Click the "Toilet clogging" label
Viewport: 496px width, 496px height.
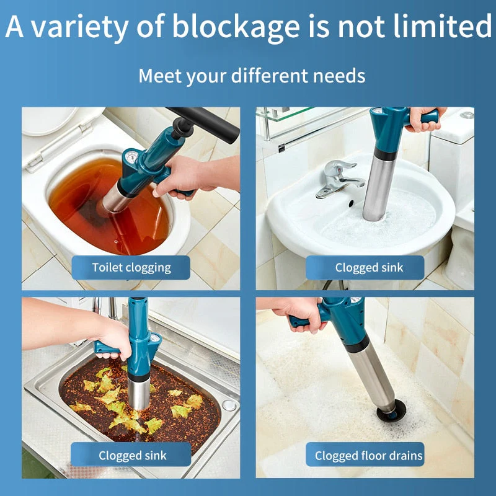point(131,268)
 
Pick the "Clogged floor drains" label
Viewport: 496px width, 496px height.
point(368,456)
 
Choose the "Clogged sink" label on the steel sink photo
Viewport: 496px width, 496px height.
point(131,456)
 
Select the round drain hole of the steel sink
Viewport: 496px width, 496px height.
point(229,405)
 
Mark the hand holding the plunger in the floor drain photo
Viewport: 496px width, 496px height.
point(294,312)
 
